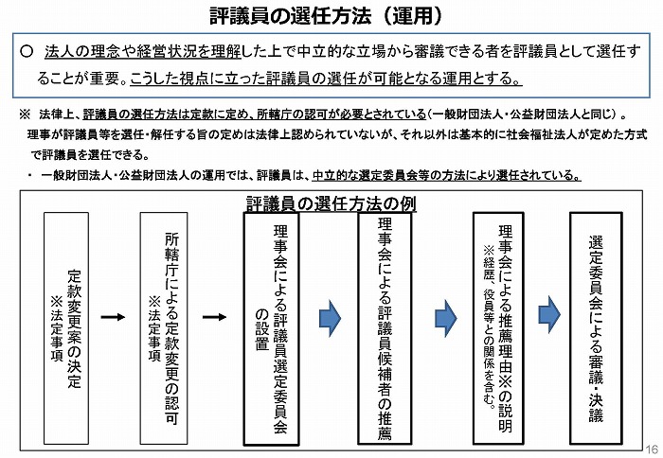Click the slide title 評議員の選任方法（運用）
326,16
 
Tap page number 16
652,449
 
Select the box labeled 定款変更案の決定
66,328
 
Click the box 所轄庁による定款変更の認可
164,328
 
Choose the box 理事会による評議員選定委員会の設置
271,328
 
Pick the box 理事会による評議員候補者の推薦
385,328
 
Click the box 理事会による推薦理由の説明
498,328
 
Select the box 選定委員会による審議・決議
596,328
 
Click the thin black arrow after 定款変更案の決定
113,317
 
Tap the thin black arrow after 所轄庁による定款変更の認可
214,317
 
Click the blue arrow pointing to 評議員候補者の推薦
330,318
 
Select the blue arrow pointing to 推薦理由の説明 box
446,318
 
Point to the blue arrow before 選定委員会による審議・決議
549,315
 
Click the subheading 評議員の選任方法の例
331,203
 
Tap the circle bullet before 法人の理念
27,51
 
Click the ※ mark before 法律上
25,114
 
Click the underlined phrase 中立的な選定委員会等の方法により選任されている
446,175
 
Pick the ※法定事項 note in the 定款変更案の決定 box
56,329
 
